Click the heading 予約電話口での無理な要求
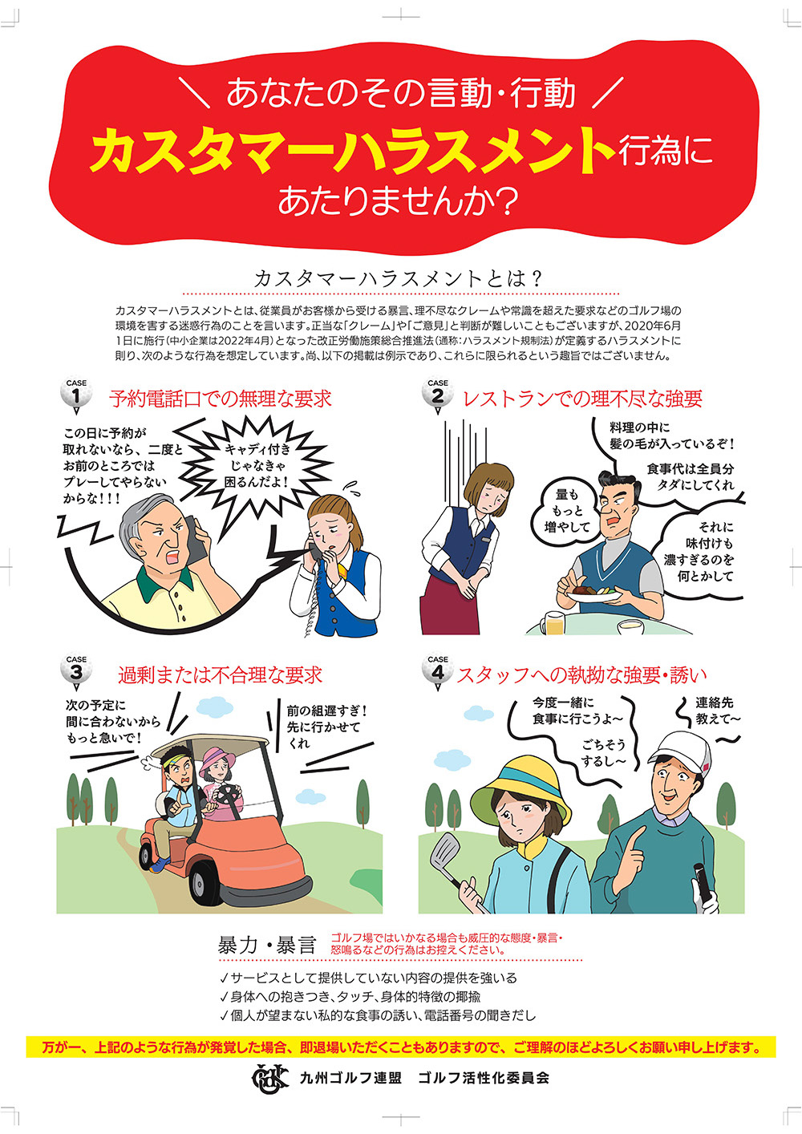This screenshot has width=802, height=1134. coord(221,399)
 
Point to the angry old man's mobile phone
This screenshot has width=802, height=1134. coord(195,538)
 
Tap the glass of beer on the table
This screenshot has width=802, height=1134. coord(554,622)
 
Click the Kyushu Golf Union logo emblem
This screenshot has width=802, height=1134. coord(269,1079)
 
